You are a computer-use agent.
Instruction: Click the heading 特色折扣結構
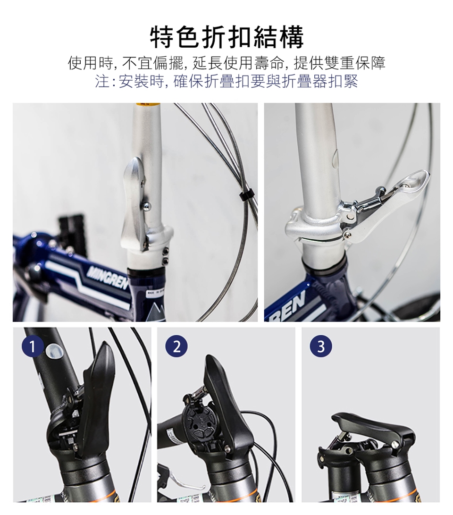click(x=227, y=37)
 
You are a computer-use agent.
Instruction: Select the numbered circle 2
click(x=176, y=347)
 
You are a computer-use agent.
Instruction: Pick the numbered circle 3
click(x=321, y=347)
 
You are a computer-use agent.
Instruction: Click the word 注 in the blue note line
click(x=102, y=81)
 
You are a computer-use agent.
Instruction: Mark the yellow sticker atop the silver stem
click(x=147, y=105)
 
